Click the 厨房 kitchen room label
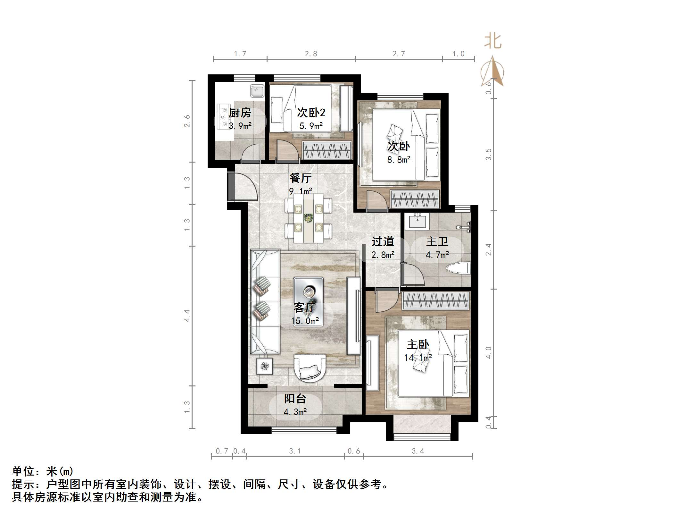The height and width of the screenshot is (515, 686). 240,113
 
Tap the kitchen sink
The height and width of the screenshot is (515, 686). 257,91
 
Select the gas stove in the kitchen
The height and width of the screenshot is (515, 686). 223,117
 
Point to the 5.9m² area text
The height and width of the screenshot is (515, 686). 311,126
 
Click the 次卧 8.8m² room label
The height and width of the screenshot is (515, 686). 399,147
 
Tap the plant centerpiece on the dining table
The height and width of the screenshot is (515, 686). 308,218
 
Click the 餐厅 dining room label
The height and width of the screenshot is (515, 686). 300,178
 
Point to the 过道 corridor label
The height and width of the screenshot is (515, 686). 383,241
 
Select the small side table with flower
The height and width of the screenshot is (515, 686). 264,366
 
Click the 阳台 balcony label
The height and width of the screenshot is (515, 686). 295,399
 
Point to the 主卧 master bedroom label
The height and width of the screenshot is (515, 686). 417,345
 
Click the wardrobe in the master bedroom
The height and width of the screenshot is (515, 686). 436,301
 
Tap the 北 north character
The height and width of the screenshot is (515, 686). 492,41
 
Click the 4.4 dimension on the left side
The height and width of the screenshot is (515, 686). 187,316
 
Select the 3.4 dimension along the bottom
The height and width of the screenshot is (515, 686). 418,451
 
